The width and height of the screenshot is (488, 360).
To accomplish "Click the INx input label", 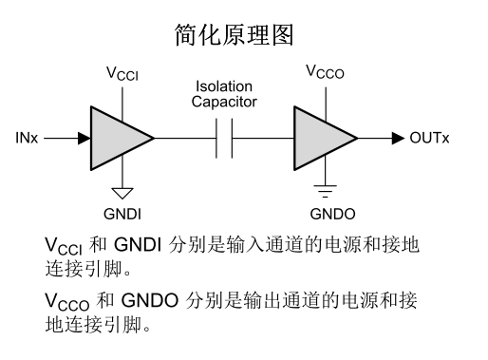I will (28, 139).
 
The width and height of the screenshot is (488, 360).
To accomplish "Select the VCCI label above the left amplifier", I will (122, 71).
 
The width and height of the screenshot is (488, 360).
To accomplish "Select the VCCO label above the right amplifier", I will (326, 71).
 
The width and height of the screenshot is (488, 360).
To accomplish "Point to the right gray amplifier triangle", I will (320, 139).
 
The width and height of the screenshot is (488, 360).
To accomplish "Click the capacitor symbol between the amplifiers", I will (224, 139).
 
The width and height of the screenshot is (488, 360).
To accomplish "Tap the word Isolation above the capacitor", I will (225, 86).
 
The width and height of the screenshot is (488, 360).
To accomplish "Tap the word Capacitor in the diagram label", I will (225, 101).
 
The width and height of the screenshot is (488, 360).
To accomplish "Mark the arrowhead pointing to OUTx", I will (398, 139).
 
